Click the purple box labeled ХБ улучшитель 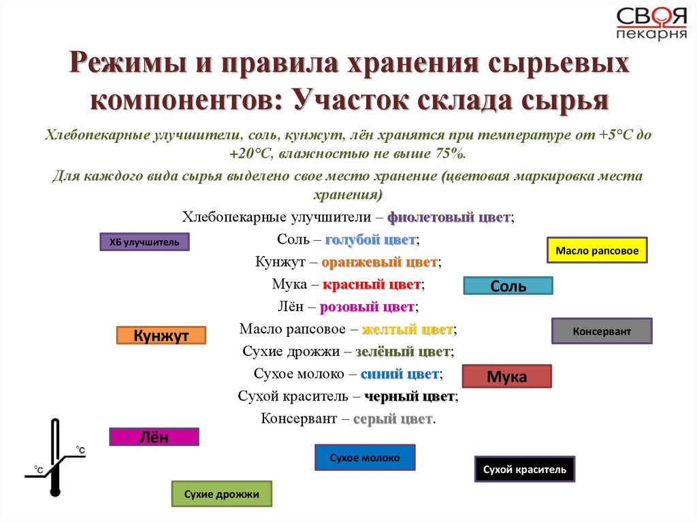tap(144, 242)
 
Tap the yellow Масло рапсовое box tap(597, 250)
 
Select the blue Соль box tap(508, 286)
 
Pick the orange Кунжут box tap(161, 336)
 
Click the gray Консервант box tap(601, 331)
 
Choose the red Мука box tap(506, 376)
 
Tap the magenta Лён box tap(154, 437)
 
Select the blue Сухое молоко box tap(364, 457)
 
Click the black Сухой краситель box tap(524, 469)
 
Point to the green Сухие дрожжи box tap(221, 494)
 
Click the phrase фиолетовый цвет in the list tap(449, 218)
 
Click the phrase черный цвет tap(409, 396)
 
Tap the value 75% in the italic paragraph tap(451, 154)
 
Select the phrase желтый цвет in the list tap(407, 329)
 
